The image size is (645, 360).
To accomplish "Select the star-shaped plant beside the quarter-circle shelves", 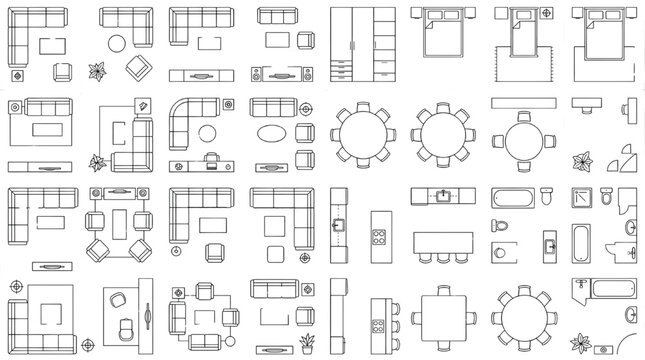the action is point(581,161).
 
